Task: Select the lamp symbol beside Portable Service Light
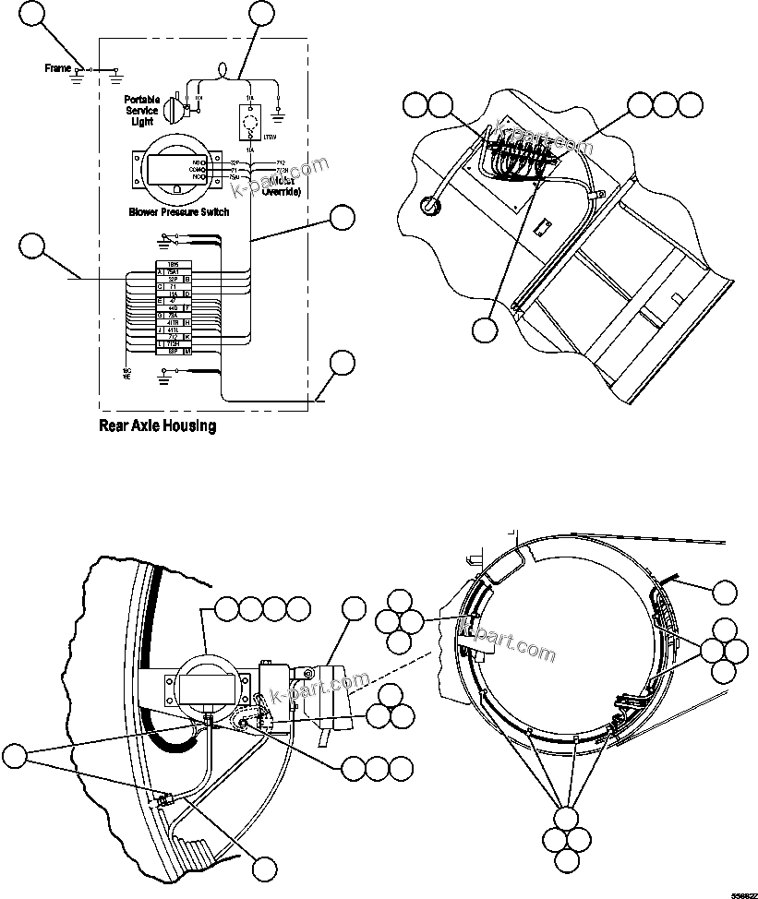click(x=173, y=109)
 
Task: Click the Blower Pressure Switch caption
click(x=179, y=211)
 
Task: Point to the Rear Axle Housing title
click(x=157, y=426)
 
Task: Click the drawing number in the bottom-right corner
click(x=744, y=893)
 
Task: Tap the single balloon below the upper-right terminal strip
click(x=484, y=330)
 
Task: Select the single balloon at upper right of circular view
click(x=726, y=593)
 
